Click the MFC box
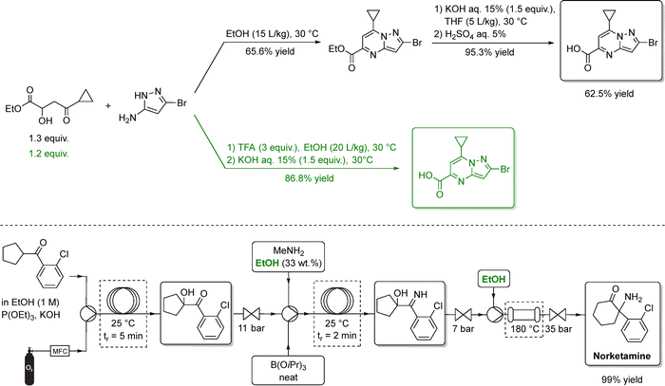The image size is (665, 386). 64,350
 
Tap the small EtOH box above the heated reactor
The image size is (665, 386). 488,278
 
